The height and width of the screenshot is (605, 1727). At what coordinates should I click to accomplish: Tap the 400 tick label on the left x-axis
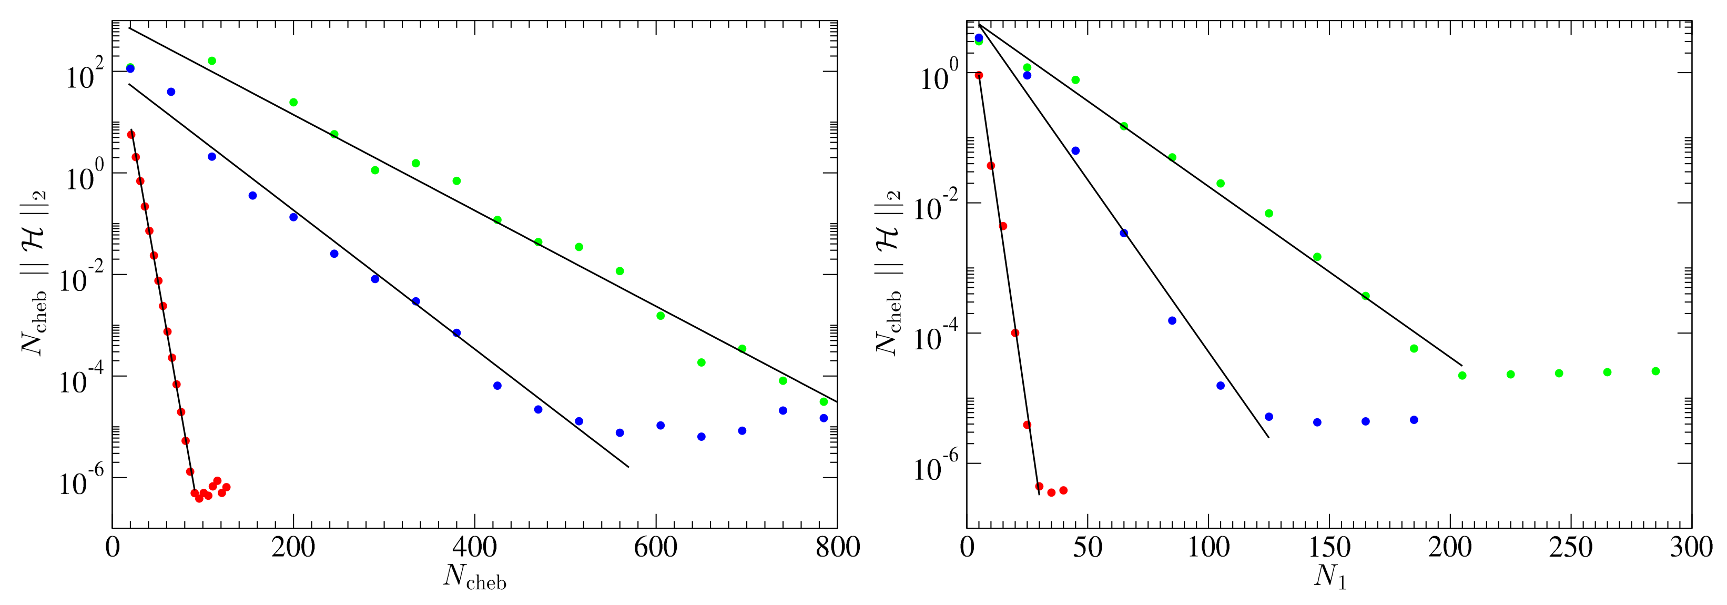[x=475, y=547]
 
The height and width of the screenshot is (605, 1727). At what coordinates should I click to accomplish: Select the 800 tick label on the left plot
[x=837, y=547]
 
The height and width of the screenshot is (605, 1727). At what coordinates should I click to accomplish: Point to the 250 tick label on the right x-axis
[x=1571, y=547]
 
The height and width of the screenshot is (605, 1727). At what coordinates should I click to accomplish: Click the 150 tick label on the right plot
[x=1329, y=547]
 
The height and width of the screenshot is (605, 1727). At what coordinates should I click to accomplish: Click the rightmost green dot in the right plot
[x=1655, y=371]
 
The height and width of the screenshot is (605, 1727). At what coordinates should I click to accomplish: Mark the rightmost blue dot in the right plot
[x=1414, y=420]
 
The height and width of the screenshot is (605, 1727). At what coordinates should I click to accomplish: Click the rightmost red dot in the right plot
[x=1063, y=490]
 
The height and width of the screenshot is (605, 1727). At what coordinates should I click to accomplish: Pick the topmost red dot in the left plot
[x=131, y=135]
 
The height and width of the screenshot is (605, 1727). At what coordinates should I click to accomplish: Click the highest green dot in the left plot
[x=212, y=61]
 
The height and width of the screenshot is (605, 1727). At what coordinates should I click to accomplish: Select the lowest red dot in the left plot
[x=199, y=498]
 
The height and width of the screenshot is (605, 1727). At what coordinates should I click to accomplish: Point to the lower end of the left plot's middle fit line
[x=628, y=467]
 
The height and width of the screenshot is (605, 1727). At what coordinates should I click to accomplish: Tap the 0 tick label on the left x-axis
[x=113, y=547]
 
